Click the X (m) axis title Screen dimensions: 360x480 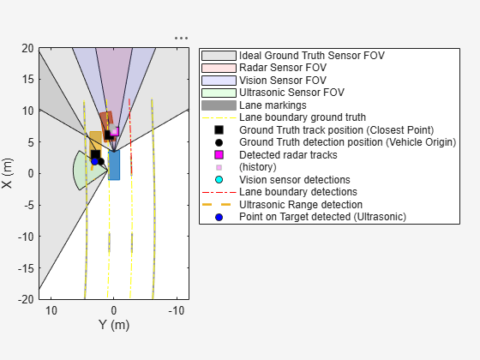pos(9,173)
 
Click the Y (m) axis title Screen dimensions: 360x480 pos(113,325)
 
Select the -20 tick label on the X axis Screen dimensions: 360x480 pos(26,299)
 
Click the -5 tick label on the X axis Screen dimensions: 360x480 pos(28,205)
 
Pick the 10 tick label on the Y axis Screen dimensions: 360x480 pos(51,309)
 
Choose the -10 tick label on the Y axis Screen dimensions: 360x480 pos(177,309)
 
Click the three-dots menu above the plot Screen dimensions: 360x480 pos(180,38)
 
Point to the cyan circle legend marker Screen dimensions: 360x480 pos(219,180)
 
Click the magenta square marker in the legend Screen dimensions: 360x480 pos(219,155)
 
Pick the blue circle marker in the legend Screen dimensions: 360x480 pos(219,218)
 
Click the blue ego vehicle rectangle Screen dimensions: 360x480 pos(114,165)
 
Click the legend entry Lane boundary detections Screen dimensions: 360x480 pos(298,192)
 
